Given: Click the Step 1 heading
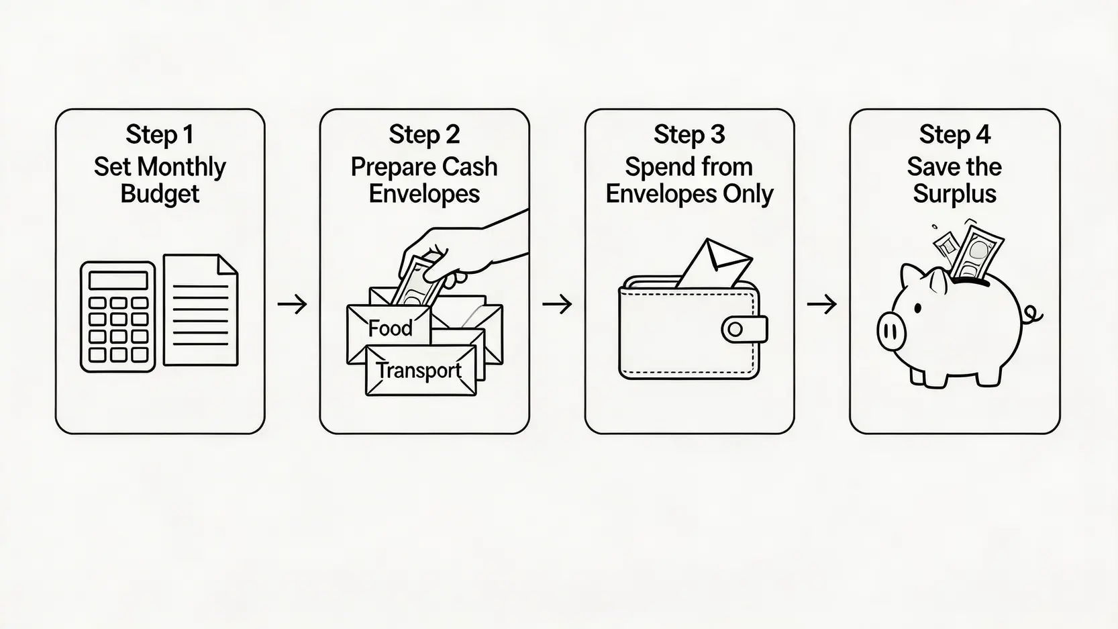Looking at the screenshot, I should point(160,135).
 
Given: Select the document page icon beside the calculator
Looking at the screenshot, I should point(201,310).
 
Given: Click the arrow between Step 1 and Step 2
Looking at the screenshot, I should point(292,305).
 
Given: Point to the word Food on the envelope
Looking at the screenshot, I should point(390,328).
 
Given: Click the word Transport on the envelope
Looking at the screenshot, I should point(419,371).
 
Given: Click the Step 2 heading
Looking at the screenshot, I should point(424,135).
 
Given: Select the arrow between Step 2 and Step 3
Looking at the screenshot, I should point(556,305).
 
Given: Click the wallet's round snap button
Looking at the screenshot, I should point(735,329).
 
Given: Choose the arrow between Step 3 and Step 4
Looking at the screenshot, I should point(821,305).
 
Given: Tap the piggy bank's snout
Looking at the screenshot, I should point(891,331).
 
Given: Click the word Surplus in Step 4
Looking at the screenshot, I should point(954,194).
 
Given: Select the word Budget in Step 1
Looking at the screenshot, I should point(160,194).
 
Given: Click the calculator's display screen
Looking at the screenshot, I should point(118,280).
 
